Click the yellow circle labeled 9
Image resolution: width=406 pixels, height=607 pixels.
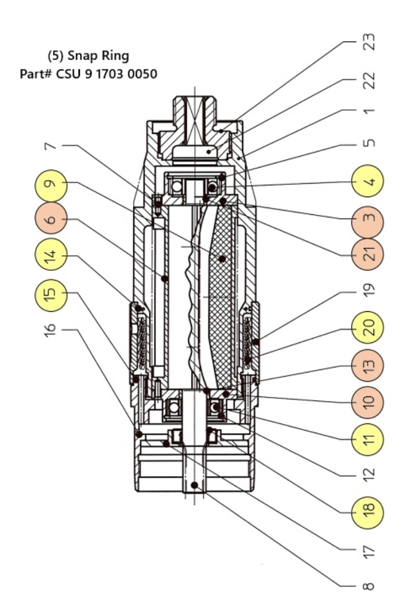(x=51, y=186)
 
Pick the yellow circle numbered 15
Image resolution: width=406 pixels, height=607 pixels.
(x=51, y=296)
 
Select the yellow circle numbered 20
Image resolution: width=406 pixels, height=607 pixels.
(x=368, y=328)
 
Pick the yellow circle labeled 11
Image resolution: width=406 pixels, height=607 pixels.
(x=368, y=437)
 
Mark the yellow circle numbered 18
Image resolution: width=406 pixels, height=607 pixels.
(x=368, y=512)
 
